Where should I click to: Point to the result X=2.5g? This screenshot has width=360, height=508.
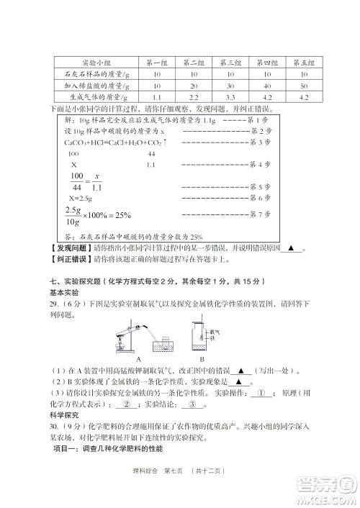[x=83, y=197]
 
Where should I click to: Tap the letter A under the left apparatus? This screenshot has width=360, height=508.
[x=137, y=358]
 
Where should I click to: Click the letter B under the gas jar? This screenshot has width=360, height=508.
[x=202, y=358]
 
